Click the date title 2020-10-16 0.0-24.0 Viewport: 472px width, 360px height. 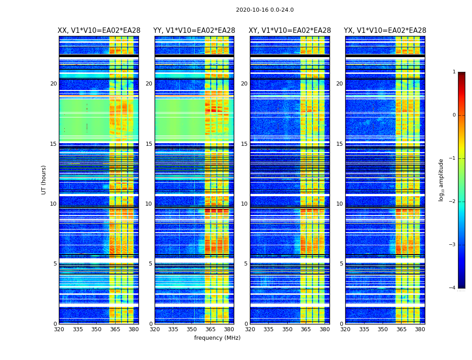point(265,10)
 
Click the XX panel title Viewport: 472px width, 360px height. point(99,31)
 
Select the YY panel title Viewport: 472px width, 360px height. point(194,31)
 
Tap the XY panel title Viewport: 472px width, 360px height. point(290,31)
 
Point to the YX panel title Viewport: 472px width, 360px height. point(385,31)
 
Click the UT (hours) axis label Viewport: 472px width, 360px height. point(44,180)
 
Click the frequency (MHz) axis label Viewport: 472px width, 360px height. point(217,338)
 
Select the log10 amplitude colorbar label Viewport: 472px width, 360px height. point(441,180)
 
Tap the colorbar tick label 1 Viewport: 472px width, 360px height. point(454,72)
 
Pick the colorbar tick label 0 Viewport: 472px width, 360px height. point(454,115)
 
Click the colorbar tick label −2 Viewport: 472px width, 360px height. point(453,202)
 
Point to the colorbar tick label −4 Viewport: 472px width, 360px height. point(453,288)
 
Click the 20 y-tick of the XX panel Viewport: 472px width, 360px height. point(53,84)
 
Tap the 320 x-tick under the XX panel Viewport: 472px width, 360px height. point(59,329)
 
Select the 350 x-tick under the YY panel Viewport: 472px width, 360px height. point(192,329)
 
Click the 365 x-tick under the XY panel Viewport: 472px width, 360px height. point(306,329)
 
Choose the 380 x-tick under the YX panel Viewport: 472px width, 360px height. point(420,329)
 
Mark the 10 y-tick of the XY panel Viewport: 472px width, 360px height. point(244,204)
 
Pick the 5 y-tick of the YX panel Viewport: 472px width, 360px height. point(341,264)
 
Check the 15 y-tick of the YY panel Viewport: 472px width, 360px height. point(149,144)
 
